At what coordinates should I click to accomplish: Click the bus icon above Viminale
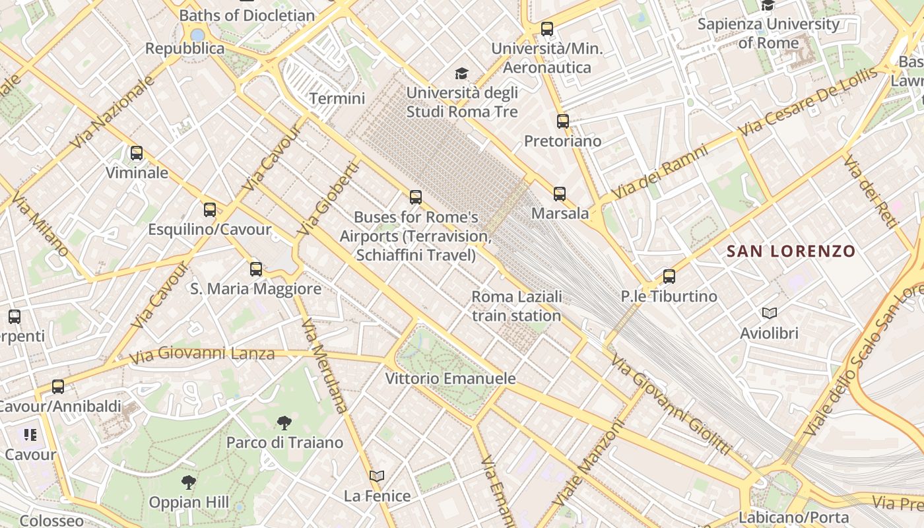pyautogui.click(x=137, y=153)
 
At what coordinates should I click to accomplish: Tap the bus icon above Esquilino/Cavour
pyautogui.click(x=210, y=210)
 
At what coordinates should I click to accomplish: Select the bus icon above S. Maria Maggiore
pyautogui.click(x=256, y=269)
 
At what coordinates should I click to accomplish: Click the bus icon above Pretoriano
pyautogui.click(x=562, y=121)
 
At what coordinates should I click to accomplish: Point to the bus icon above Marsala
pyautogui.click(x=560, y=194)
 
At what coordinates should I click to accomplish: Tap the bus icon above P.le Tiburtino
pyautogui.click(x=669, y=277)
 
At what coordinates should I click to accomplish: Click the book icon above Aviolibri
pyautogui.click(x=769, y=313)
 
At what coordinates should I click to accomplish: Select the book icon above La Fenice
pyautogui.click(x=377, y=476)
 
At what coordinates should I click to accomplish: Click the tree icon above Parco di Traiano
pyautogui.click(x=284, y=422)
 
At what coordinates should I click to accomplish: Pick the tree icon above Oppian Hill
pyautogui.click(x=189, y=482)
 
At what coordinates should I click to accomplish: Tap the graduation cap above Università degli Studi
pyautogui.click(x=461, y=73)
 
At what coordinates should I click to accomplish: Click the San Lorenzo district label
pyautogui.click(x=791, y=251)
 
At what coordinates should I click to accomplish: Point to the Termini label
pyautogui.click(x=337, y=99)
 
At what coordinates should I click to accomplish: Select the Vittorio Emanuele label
pyautogui.click(x=450, y=379)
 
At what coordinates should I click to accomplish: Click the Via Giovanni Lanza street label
pyautogui.click(x=201, y=354)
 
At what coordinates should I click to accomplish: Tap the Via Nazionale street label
pyautogui.click(x=114, y=112)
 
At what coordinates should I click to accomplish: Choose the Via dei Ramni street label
pyautogui.click(x=659, y=172)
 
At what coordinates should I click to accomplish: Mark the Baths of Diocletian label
pyautogui.click(x=247, y=15)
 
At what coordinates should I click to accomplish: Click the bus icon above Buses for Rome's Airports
pyautogui.click(x=416, y=197)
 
